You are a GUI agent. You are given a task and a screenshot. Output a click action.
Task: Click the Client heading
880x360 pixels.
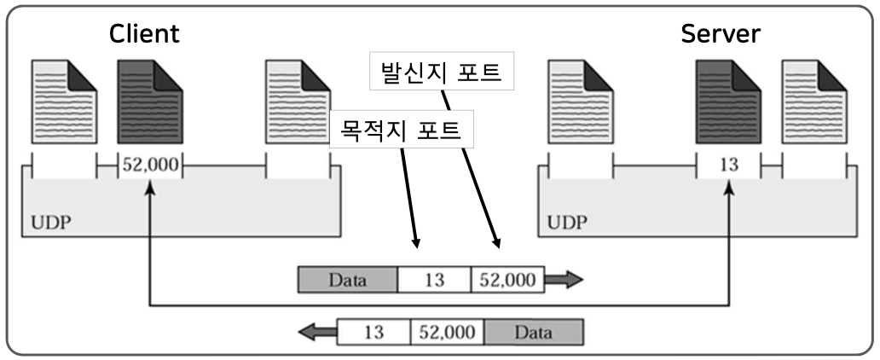(144, 35)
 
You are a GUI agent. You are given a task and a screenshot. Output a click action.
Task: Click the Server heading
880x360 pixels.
(721, 35)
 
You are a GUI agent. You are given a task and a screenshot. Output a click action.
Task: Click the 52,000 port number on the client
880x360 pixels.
(149, 165)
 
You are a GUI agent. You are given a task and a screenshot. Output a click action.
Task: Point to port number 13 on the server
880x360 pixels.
(728, 165)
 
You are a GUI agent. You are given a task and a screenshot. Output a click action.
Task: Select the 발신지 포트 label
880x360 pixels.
(442, 73)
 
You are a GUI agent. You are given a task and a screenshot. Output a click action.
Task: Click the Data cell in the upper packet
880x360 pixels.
(348, 280)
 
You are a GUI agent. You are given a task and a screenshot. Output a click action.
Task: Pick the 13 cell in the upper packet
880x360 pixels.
(435, 280)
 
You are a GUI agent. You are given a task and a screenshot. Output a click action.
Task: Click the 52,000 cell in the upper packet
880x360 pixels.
(508, 280)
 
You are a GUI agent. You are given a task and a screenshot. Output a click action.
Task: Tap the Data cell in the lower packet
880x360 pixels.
(534, 332)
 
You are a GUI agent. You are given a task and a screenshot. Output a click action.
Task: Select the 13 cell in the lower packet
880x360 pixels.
(373, 332)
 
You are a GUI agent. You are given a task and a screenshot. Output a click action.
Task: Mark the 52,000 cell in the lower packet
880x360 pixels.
(447, 332)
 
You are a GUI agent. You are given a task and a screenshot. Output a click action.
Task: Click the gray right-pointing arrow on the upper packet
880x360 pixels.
(564, 280)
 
